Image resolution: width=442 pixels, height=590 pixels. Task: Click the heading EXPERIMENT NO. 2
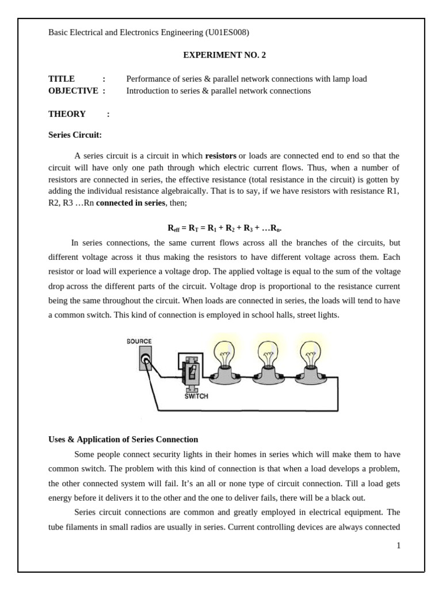[224, 55]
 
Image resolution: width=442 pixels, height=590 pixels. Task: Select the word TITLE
[62, 79]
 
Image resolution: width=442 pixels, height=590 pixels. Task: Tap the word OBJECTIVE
[73, 91]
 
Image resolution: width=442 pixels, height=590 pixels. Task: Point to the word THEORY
[67, 114]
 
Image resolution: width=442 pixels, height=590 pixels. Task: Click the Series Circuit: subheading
[75, 135]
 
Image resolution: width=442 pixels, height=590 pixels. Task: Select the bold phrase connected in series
[131, 203]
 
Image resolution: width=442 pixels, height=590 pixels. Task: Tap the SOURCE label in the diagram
[139, 342]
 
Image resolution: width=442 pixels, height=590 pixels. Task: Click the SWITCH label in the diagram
[196, 396]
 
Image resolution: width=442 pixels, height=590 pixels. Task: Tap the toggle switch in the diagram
[192, 373]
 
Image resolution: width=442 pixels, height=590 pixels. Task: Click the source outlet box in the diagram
[147, 358]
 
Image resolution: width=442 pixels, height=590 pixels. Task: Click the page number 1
[398, 546]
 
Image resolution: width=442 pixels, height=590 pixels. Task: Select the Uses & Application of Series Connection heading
[123, 440]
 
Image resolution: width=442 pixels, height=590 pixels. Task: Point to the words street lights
[320, 315]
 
